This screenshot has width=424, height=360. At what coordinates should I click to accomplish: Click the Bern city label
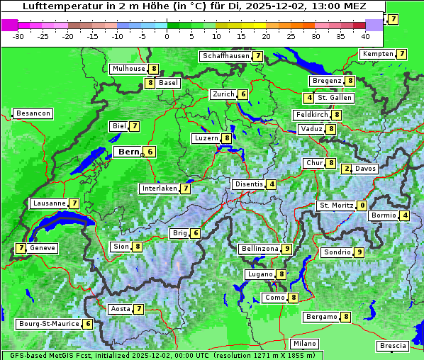(128, 152)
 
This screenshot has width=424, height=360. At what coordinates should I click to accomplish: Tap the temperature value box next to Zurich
(242, 94)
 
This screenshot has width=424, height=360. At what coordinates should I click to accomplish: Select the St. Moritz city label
(335, 206)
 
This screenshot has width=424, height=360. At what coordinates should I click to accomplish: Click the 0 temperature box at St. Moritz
(362, 206)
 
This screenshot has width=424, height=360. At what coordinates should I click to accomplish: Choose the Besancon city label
(33, 113)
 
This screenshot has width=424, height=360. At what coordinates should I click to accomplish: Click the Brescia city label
(393, 346)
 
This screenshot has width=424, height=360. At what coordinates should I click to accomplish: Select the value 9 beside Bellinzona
(286, 249)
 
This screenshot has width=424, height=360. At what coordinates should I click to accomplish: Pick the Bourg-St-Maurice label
(48, 324)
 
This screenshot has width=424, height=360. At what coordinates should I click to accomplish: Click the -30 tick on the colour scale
(18, 35)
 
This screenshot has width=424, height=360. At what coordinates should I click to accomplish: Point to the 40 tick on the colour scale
(365, 35)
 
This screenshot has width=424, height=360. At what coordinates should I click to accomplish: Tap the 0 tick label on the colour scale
(167, 35)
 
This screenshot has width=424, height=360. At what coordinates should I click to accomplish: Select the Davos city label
(366, 169)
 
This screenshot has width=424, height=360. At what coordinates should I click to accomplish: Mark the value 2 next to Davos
(346, 169)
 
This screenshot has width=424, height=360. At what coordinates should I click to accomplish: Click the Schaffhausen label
(225, 56)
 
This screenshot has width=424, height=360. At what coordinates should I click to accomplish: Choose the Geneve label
(43, 248)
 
